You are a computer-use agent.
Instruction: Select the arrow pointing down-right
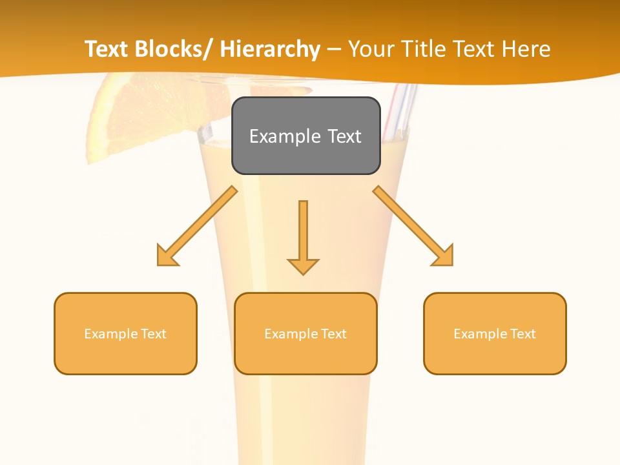tap(413, 225)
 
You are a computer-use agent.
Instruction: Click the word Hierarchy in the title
tap(270, 50)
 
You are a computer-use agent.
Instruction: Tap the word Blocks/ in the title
tap(171, 50)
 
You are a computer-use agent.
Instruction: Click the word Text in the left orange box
tap(154, 334)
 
